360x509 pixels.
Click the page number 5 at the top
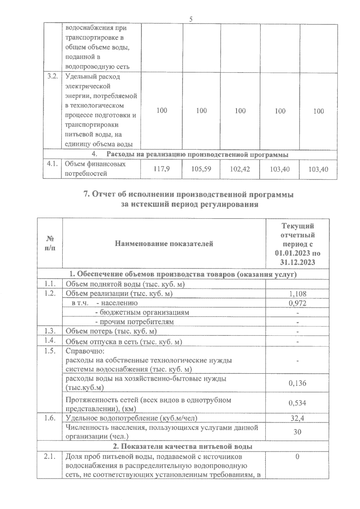191,19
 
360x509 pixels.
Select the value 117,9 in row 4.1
162,169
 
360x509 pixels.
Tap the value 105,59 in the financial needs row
201,169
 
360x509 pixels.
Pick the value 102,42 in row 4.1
240,169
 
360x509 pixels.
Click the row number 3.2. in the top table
52,76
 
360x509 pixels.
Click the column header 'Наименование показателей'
164,244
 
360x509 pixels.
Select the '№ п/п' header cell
50,243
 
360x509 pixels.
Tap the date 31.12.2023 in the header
297,263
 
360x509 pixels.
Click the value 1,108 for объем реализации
297,294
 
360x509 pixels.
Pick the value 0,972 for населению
297,303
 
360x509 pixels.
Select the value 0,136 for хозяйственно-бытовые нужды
297,383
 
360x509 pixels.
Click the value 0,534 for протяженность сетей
297,403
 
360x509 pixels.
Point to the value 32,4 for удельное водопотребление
297,418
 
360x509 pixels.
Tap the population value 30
297,432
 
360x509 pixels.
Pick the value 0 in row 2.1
297,457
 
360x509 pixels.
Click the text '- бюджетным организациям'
142,312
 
